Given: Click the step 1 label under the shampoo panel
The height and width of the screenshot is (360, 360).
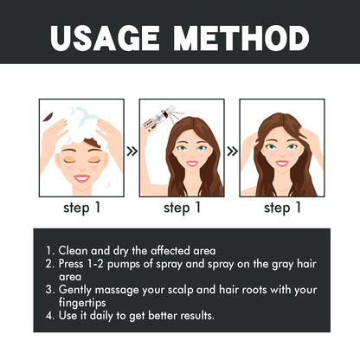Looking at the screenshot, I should (x=80, y=208).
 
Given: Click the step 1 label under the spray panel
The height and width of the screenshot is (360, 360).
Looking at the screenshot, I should (x=183, y=208).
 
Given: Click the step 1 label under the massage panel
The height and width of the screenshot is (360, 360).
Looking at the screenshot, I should (x=282, y=208).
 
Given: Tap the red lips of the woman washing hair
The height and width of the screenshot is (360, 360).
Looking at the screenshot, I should (x=80, y=177).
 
